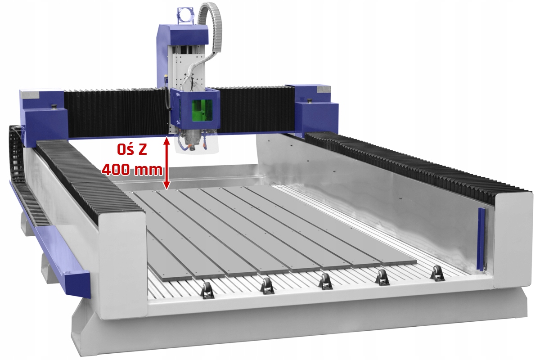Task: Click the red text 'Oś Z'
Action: [132, 149]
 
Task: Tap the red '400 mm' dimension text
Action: [132, 170]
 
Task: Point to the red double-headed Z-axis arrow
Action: [166, 163]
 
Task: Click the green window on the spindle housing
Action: [202, 110]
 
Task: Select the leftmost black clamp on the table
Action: [207, 291]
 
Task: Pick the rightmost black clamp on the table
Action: [437, 273]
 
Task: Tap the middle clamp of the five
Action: [325, 281]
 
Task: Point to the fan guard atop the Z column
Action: [185, 16]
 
